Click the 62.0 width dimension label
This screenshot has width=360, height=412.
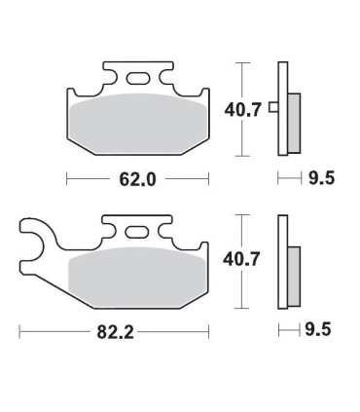coord(138,179)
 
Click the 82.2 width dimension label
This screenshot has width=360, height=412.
coord(115,332)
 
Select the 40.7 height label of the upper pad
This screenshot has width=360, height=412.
coord(243,110)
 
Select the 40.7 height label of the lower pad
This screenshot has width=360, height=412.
coord(241,259)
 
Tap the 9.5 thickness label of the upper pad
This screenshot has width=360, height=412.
coord(321,178)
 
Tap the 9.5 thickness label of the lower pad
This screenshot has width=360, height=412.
coord(318,329)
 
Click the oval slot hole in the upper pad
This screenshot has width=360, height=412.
coord(138,79)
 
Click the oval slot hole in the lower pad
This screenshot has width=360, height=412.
coord(137,232)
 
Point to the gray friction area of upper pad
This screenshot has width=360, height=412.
coord(138,124)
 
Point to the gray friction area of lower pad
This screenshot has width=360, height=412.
coord(137,277)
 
